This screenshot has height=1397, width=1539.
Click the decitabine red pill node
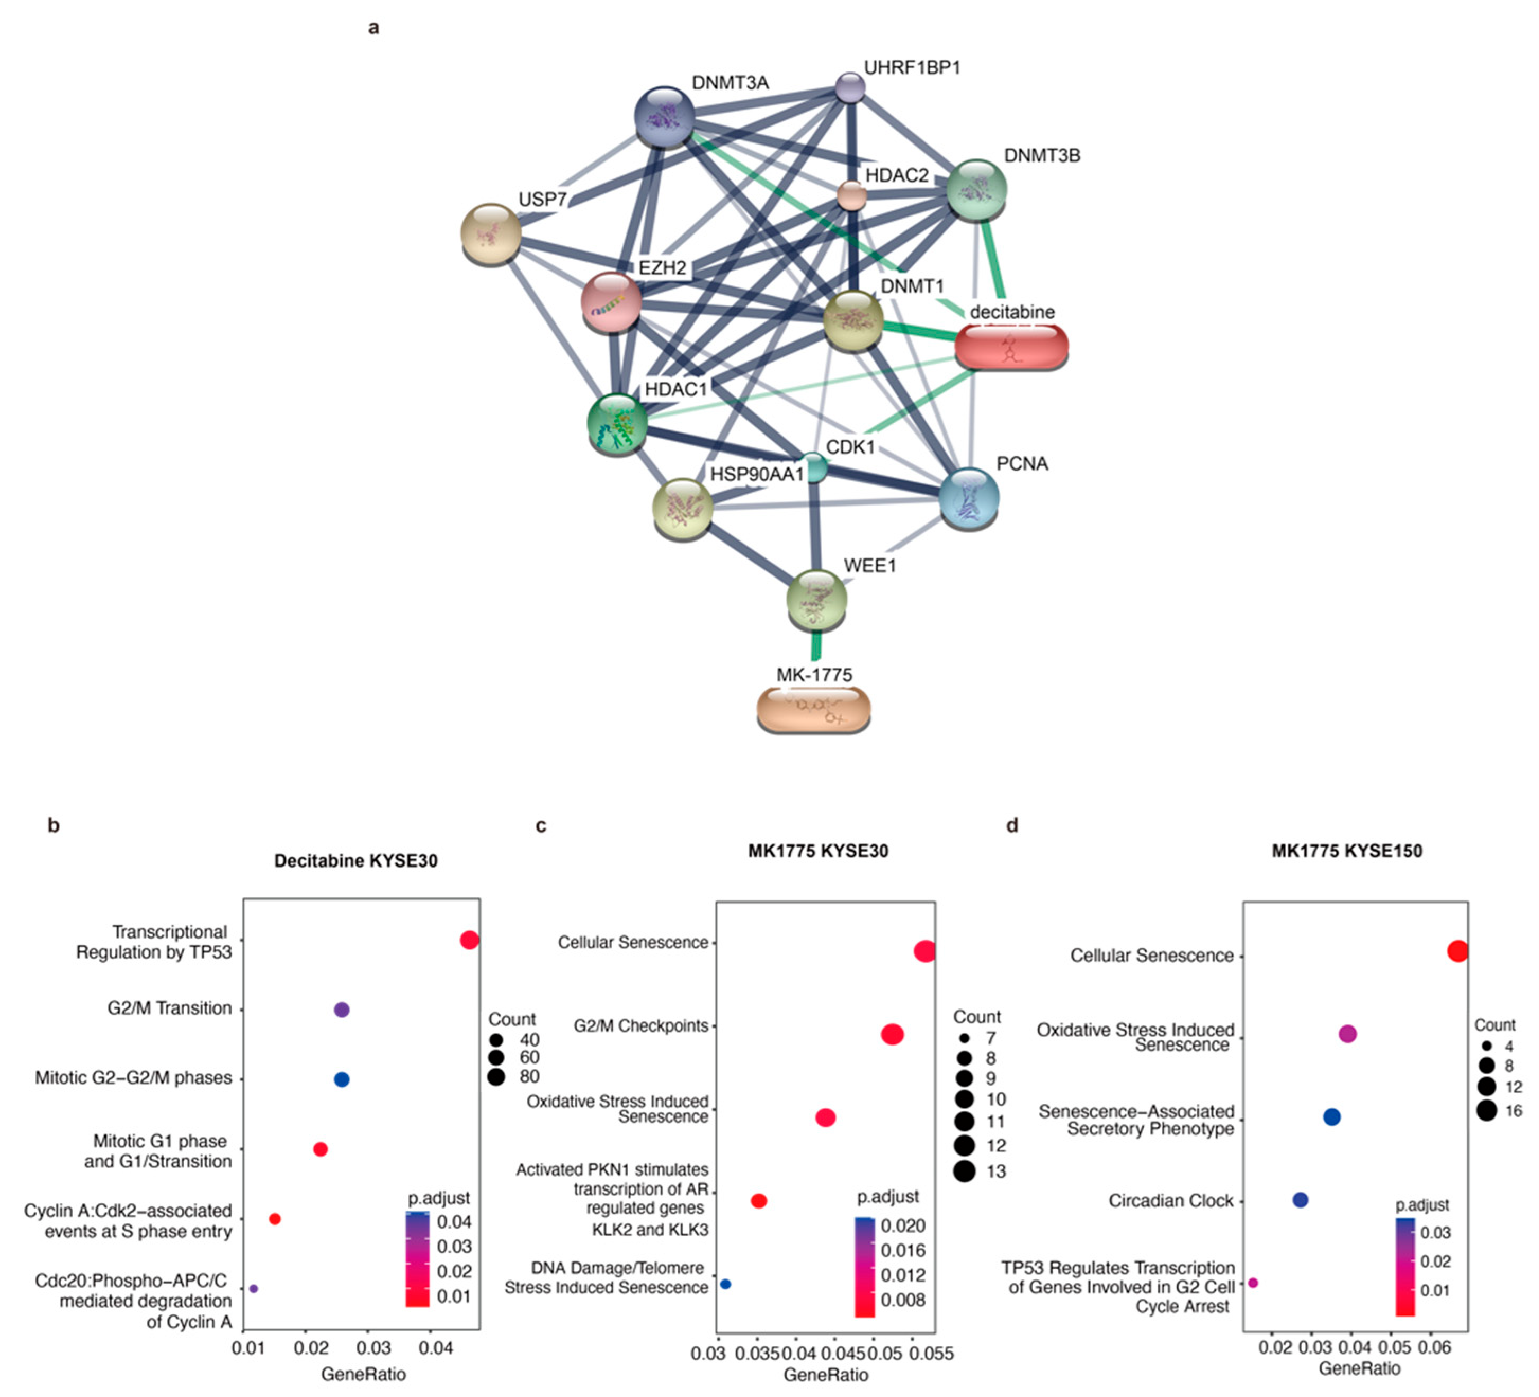pyautogui.click(x=1011, y=347)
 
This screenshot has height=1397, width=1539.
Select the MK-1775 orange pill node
pyautogui.click(x=813, y=709)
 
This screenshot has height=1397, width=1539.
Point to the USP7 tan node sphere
pyautogui.click(x=492, y=233)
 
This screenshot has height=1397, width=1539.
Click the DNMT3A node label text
pyautogui.click(x=730, y=83)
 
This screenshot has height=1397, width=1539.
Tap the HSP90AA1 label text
pyautogui.click(x=757, y=474)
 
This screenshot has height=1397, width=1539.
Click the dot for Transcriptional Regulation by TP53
pyautogui.click(x=469, y=940)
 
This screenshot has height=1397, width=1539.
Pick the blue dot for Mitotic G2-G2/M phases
pyautogui.click(x=342, y=1079)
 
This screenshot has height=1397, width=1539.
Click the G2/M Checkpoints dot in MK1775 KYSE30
pyautogui.click(x=892, y=1034)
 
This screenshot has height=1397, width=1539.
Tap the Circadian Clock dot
pyautogui.click(x=1300, y=1200)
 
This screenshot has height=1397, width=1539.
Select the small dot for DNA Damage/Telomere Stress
pyautogui.click(x=725, y=1284)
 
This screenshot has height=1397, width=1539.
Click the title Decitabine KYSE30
pyautogui.click(x=355, y=861)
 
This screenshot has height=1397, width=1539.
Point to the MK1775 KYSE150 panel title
pyautogui.click(x=1347, y=851)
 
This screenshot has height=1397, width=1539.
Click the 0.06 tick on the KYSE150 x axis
pyautogui.click(x=1434, y=1347)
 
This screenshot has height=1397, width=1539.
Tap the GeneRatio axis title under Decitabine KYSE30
pyautogui.click(x=363, y=1374)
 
